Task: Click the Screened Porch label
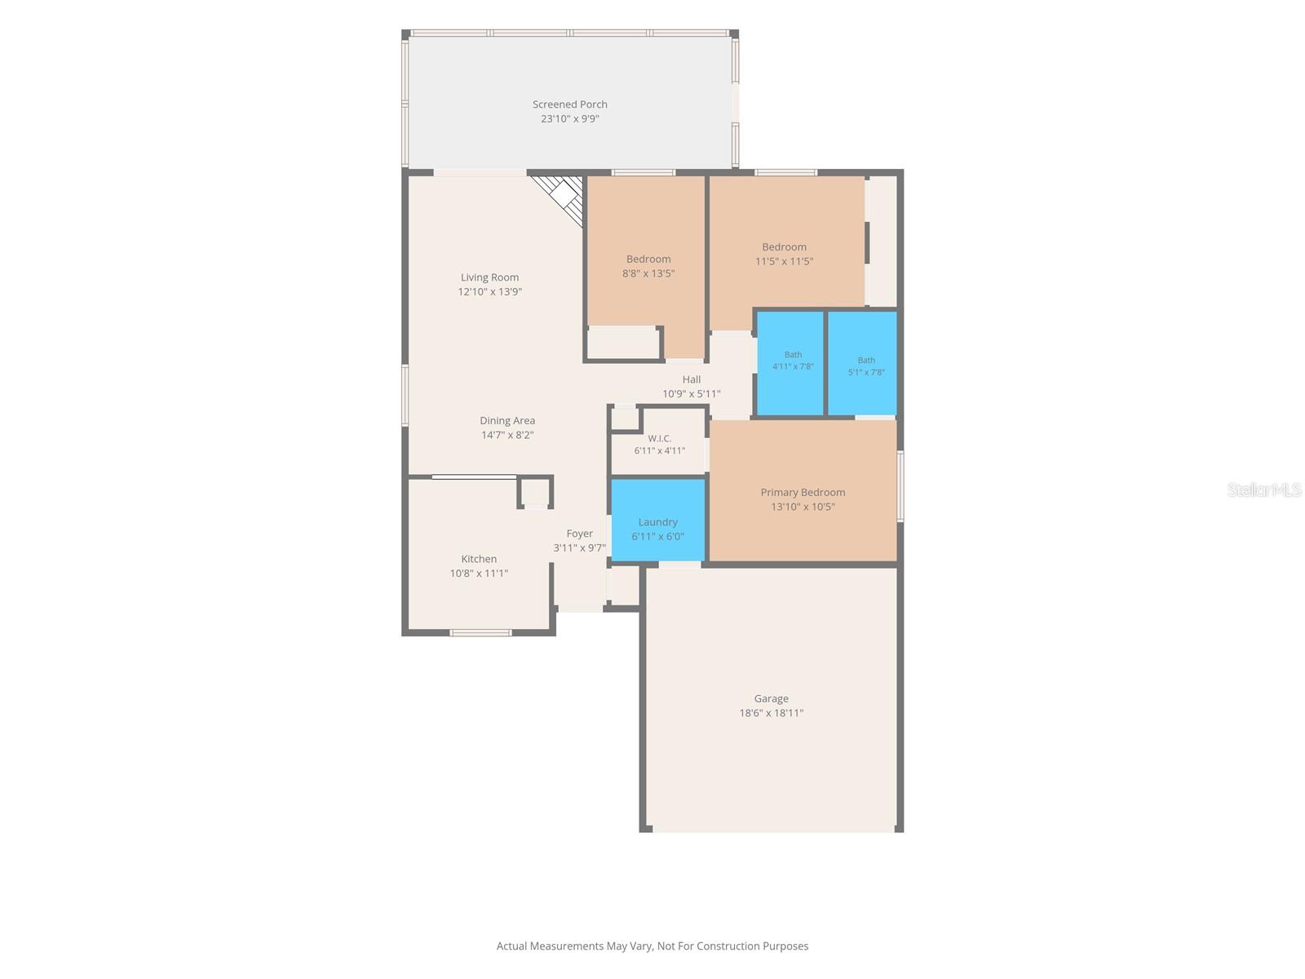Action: pyautogui.click(x=569, y=104)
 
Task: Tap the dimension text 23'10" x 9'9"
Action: pyautogui.click(x=569, y=118)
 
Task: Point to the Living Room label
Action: pyautogui.click(x=489, y=277)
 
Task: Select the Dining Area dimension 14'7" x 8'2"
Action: pyautogui.click(x=507, y=435)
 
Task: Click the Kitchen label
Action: pyautogui.click(x=479, y=559)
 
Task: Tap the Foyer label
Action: pyautogui.click(x=579, y=534)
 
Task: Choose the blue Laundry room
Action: pyautogui.click(x=657, y=520)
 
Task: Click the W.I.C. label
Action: pyautogui.click(x=659, y=438)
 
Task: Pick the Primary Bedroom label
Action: pyautogui.click(x=803, y=492)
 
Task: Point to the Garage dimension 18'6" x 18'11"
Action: pyautogui.click(x=771, y=713)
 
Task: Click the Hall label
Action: pyautogui.click(x=692, y=379)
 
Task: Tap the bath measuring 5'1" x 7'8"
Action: pyautogui.click(x=863, y=363)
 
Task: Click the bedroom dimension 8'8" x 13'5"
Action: pyautogui.click(x=648, y=272)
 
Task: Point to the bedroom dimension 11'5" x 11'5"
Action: pyautogui.click(x=784, y=261)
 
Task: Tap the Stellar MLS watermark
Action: pyautogui.click(x=1264, y=489)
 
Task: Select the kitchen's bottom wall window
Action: pyautogui.click(x=480, y=632)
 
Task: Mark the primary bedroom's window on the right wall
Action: pyautogui.click(x=900, y=486)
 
